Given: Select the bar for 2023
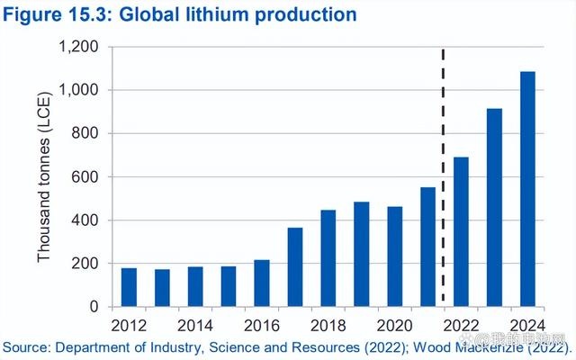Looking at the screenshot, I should pos(494,208).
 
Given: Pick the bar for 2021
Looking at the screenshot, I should pos(427,247).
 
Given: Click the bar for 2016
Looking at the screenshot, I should pos(262,283).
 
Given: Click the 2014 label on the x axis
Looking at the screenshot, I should pos(195,324).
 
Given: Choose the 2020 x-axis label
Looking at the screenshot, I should pos(394,324).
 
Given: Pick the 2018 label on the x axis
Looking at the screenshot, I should pos(328,324).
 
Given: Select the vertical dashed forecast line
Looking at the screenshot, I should pos(444,180).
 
